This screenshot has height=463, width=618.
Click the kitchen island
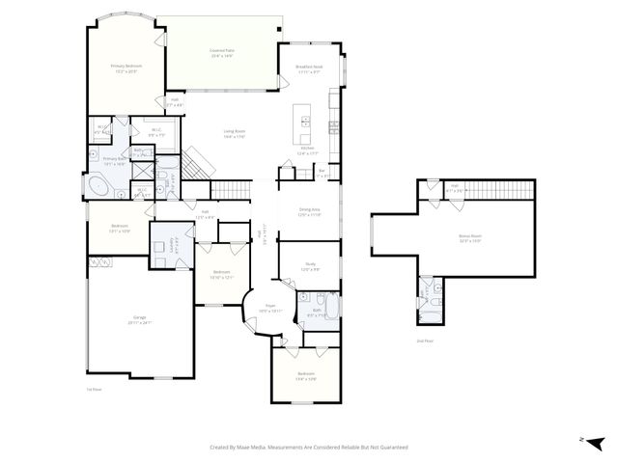pos(305,123)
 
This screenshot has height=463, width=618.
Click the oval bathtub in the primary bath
pos(99,185)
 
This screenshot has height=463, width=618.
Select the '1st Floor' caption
pos(94,389)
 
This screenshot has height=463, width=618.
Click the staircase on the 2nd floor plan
pos(501,188)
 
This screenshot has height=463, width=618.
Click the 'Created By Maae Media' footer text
pos(309,448)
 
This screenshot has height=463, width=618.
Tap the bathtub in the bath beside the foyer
pos(330,309)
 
